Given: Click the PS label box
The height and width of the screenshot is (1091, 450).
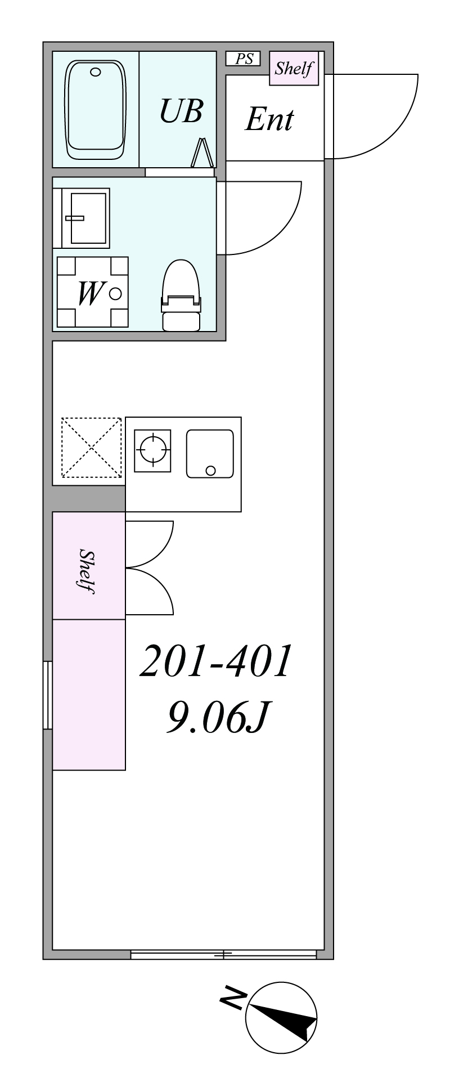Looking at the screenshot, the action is (x=243, y=59).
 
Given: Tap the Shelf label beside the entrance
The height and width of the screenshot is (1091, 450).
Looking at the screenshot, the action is (x=294, y=69).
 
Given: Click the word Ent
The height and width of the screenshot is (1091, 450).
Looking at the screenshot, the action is (x=269, y=119).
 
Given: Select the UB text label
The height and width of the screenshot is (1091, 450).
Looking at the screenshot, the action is (x=181, y=110).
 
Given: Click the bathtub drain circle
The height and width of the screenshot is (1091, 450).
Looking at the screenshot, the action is (x=96, y=71).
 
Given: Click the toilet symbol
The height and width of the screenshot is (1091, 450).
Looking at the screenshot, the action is (x=181, y=295).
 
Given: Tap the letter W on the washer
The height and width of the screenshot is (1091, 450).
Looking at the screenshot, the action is (x=90, y=293).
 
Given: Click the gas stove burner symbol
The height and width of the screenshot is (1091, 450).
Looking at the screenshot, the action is (x=152, y=450).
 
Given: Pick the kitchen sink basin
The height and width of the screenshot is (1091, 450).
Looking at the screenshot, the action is (x=210, y=454).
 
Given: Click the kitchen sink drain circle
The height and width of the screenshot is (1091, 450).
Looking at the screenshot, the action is (x=211, y=471).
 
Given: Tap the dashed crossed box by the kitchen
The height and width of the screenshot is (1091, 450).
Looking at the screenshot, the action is (x=91, y=448).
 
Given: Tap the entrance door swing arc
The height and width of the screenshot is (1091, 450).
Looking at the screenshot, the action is (x=397, y=135).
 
